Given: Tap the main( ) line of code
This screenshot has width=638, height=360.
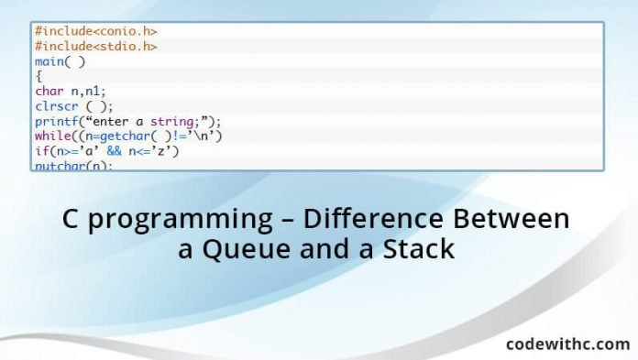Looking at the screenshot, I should click(x=60, y=61).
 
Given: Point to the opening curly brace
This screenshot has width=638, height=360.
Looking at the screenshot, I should click(x=38, y=76).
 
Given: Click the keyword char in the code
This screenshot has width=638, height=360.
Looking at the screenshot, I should click(x=49, y=91).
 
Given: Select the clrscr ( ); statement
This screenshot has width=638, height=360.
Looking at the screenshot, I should click(x=69, y=105).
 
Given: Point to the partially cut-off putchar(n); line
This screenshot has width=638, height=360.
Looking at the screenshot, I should click(x=73, y=165).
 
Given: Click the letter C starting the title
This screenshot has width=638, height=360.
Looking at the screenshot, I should click(x=71, y=221).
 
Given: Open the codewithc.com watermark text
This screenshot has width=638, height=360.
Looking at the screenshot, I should click(x=567, y=344).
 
